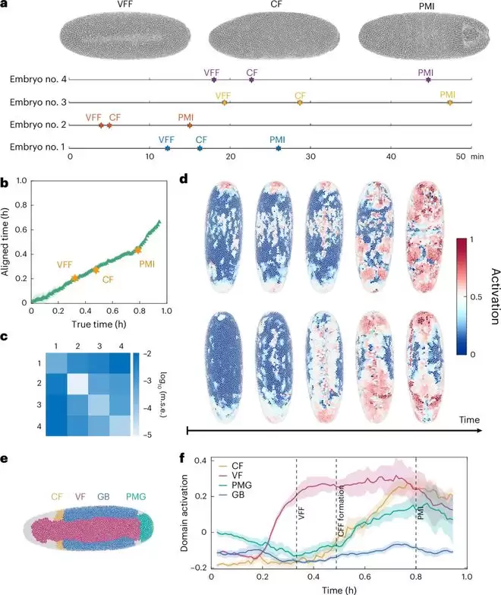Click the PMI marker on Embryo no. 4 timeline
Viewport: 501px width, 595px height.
pyautogui.click(x=428, y=79)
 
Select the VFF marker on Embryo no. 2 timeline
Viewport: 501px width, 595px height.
pyautogui.click(x=101, y=125)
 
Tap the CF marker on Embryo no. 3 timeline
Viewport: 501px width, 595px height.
pyautogui.click(x=300, y=102)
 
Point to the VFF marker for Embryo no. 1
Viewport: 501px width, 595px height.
pyautogui.click(x=167, y=147)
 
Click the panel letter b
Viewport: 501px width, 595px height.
pyautogui.click(x=5, y=183)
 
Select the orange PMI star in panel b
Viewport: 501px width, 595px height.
pyautogui.click(x=137, y=249)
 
